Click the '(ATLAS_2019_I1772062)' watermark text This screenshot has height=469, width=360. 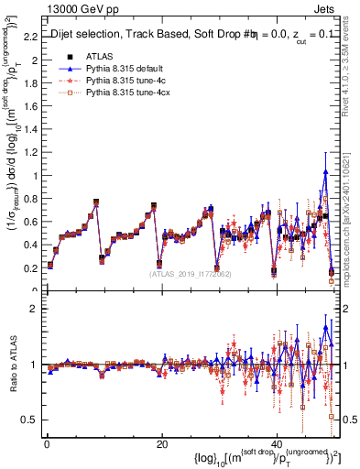point(191,273)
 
